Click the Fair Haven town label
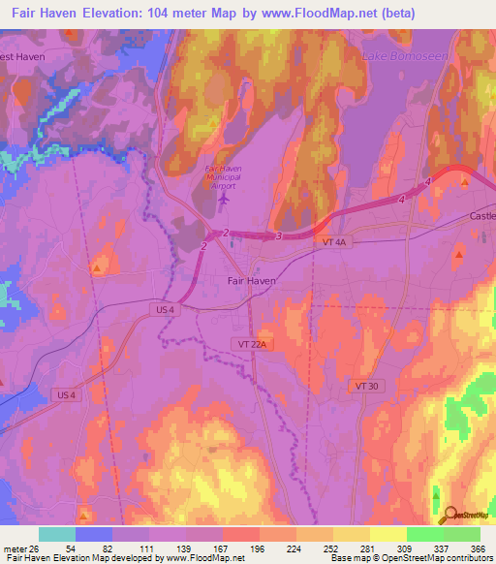point(251,280)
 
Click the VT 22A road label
point(249,344)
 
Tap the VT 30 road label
point(365,386)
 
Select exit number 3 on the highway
point(279,235)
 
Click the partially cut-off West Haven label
point(22,57)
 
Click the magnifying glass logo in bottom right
point(449,517)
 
